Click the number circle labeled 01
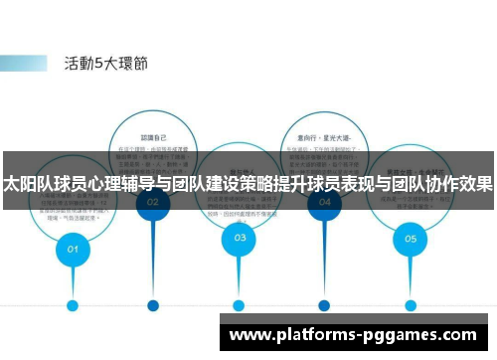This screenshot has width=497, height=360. tap(73, 250)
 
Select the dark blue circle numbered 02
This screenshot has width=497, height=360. tap(153, 201)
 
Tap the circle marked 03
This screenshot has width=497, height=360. tap(240, 237)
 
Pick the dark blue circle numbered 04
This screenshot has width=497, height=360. tap(325, 201)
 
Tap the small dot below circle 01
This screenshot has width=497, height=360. tap(73, 305)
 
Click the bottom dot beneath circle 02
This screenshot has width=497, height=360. tap(153, 305)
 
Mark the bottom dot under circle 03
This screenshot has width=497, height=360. tap(239, 305)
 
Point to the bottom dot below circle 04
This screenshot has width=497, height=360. tap(325, 305)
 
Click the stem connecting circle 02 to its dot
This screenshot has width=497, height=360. tap(153, 259)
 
